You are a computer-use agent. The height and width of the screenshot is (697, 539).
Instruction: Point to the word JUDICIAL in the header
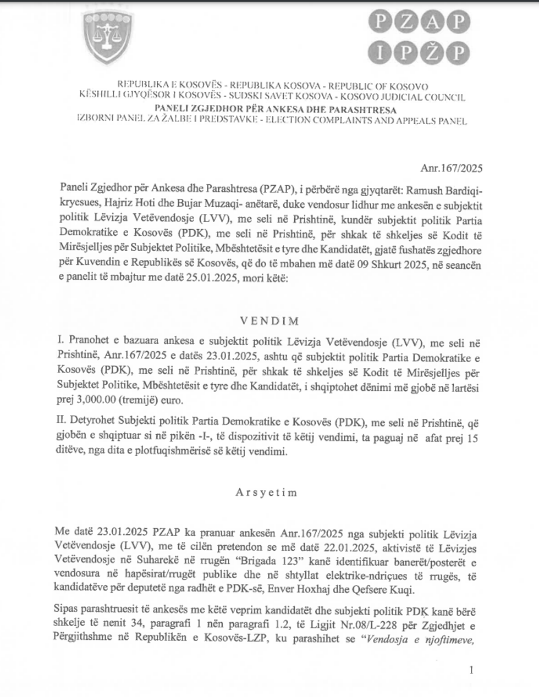click(x=403, y=97)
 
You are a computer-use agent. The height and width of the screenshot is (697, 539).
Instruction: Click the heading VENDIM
click(x=269, y=320)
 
